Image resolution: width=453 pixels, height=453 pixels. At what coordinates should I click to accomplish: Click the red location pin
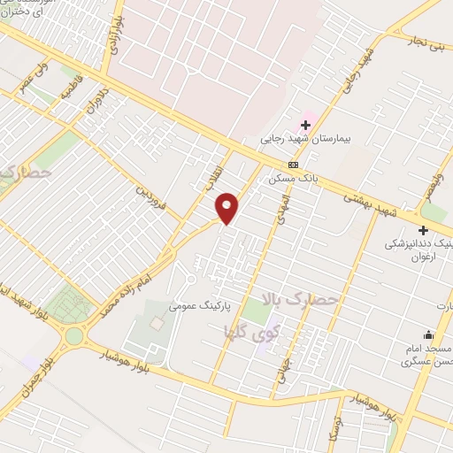(227, 207)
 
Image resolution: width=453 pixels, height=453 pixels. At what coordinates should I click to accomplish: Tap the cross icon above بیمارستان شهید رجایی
(306, 125)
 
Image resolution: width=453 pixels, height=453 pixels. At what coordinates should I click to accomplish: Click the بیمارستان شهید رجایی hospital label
(306, 139)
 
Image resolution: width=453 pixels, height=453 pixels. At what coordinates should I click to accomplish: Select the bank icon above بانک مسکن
(294, 165)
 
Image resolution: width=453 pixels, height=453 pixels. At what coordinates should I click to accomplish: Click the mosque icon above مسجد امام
(429, 334)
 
